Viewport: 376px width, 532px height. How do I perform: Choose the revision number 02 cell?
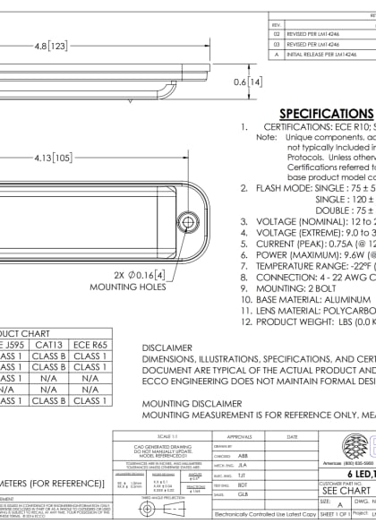(277, 32)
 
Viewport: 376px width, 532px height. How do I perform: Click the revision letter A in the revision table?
(277, 54)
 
